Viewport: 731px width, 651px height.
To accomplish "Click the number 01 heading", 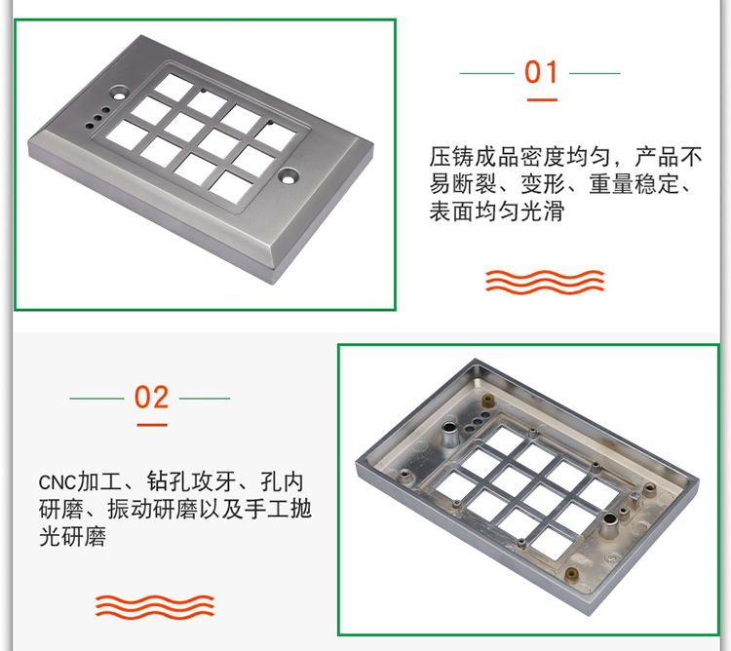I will (x=541, y=73).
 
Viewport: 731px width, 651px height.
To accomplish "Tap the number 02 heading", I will (x=151, y=398).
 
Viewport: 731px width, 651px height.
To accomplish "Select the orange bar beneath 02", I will (x=151, y=424).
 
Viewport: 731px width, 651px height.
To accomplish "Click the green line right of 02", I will (x=205, y=398).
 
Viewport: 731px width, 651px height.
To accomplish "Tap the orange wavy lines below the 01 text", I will (x=546, y=281).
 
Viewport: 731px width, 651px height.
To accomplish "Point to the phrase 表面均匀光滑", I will (x=497, y=211).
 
